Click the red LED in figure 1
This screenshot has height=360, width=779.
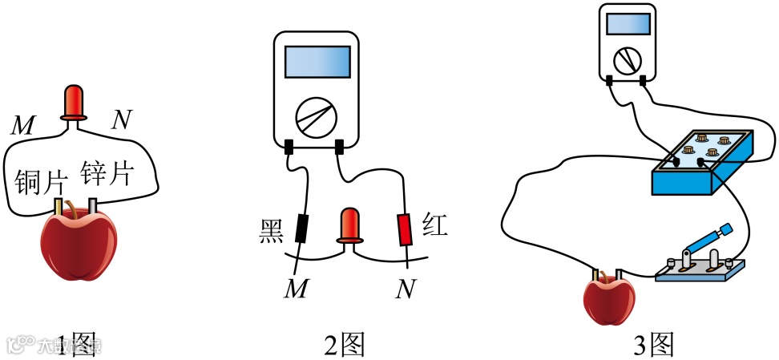pos(73,103)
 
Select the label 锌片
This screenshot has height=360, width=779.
pos(107,172)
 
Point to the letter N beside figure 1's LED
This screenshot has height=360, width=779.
pos(121,120)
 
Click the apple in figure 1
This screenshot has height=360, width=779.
pos(79,244)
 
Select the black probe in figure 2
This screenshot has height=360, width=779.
pos(301,228)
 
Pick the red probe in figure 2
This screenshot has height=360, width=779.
pos(406,229)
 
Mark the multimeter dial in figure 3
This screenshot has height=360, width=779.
pos(627,59)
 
